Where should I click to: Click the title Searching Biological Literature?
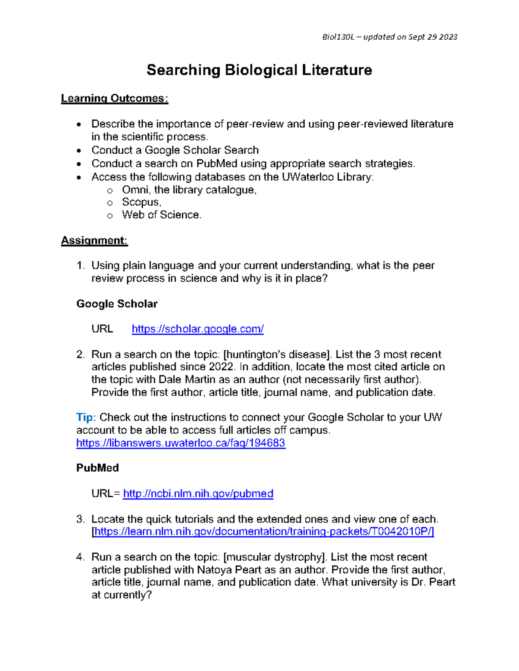259,70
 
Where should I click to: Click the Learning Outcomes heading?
114,99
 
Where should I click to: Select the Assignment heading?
94,241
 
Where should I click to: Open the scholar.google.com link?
198,329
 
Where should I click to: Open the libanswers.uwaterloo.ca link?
180,443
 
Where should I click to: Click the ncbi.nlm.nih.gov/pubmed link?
198,493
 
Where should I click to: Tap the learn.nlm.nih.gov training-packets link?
264,531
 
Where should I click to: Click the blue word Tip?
85,417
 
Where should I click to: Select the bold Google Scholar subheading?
117,304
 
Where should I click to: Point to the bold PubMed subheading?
97,468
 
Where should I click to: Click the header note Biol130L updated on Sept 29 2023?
390,37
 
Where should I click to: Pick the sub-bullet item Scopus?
141,202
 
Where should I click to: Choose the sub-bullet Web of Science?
161,215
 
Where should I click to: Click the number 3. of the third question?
80,519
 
